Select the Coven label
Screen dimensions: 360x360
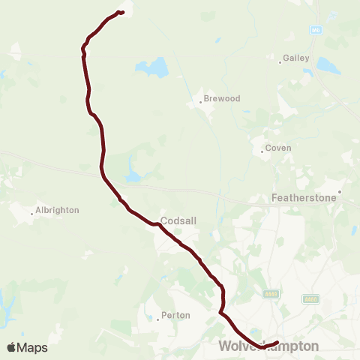pyautogui.click(x=277, y=148)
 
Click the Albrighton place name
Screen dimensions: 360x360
pyautogui.click(x=57, y=210)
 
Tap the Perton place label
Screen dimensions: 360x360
pyautogui.click(x=175, y=315)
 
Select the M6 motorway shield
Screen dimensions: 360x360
pyautogui.click(x=316, y=29)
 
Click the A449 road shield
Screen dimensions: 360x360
pyautogui.click(x=271, y=294)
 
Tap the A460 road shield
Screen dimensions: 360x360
pyautogui.click(x=310, y=298)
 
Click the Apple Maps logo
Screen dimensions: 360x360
pyautogui.click(x=27, y=347)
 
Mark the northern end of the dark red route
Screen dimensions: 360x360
pyautogui.click(x=121, y=11)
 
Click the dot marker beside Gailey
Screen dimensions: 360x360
pyautogui.click(x=280, y=62)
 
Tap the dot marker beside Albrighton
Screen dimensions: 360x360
pyautogui.click(x=31, y=214)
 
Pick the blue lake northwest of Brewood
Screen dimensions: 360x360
pyautogui.click(x=153, y=68)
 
